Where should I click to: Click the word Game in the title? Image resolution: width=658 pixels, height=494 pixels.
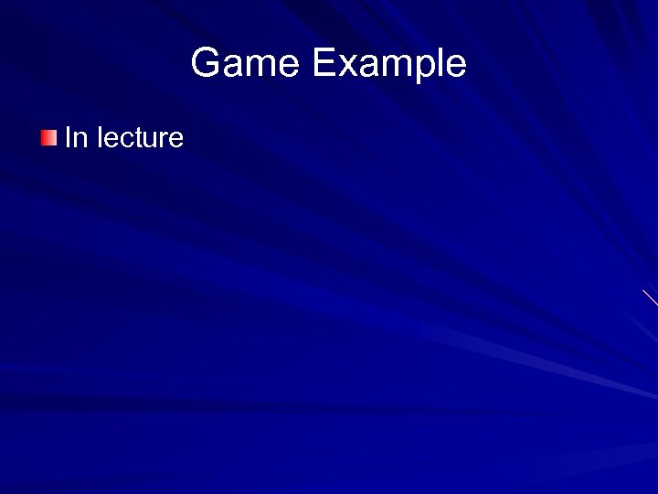pos(245,64)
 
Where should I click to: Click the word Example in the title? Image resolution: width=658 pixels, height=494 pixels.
pos(388,64)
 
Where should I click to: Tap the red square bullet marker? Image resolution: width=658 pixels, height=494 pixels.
pos(48,138)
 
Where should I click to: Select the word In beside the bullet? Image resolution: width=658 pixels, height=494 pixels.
pos(76,138)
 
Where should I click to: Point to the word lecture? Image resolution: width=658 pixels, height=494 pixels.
pos(140,138)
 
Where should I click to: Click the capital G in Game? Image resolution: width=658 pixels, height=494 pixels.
pos(207,64)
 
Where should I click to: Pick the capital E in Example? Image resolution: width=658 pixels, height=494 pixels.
pos(323,64)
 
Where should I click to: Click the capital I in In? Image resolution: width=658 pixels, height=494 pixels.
pos(68,138)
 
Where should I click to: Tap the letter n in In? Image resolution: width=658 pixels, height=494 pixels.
pos(80,140)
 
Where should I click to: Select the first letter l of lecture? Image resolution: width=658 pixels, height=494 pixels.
pos(100,138)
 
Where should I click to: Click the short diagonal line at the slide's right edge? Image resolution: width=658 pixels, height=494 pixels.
pos(650,297)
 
